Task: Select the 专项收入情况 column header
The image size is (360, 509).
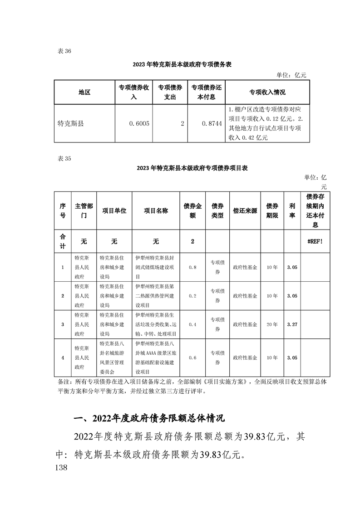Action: [x=267, y=92]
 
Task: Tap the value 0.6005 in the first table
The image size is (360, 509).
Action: [x=139, y=123]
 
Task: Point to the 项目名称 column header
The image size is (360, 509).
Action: [x=156, y=211]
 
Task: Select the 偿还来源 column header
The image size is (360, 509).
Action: [x=245, y=211]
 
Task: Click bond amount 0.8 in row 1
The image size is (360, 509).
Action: [x=192, y=268]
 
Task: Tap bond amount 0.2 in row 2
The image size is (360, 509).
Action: [x=192, y=296]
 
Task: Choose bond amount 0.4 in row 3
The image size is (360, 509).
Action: [x=192, y=324]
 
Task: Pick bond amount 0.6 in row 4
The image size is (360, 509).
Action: [x=192, y=357]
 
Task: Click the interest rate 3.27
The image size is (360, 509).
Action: [x=292, y=324]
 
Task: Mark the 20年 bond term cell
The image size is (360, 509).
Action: [x=272, y=324]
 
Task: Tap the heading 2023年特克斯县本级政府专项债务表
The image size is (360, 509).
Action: [x=182, y=64]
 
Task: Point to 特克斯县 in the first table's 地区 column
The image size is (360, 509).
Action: [x=71, y=123]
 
